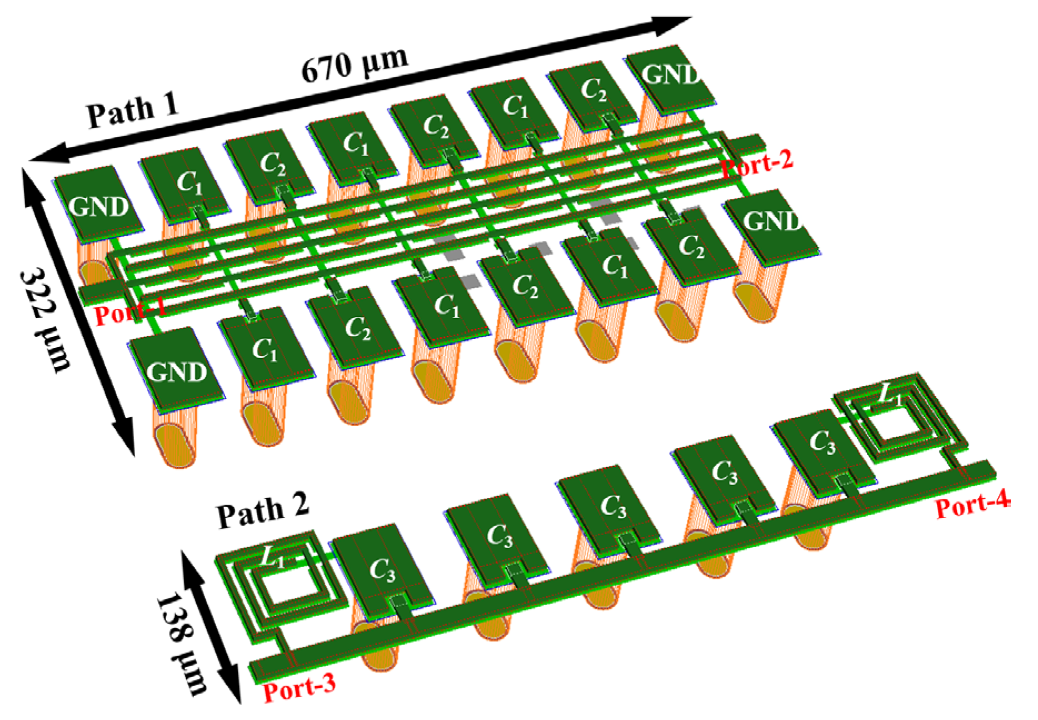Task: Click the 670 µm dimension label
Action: [355, 64]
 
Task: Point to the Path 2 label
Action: [262, 510]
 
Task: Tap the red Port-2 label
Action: [757, 162]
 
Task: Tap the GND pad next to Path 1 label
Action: [99, 205]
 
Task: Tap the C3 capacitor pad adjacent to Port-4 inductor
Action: [821, 445]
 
